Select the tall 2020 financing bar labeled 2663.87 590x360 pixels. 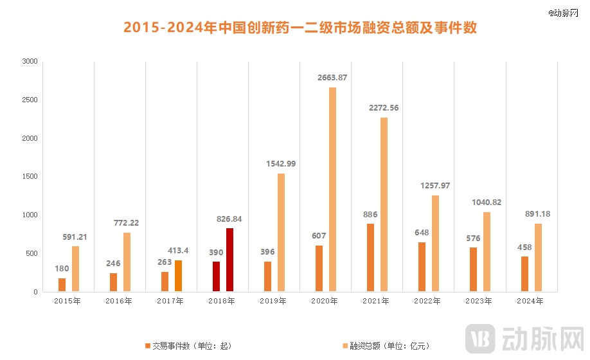coord(332,189)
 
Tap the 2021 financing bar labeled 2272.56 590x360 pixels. coord(384,204)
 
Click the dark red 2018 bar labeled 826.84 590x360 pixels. coord(229,260)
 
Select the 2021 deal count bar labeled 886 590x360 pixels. coord(371,257)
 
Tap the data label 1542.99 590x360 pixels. coord(280,164)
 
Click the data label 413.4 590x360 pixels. coord(178,250)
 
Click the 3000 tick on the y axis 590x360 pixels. coord(30,62)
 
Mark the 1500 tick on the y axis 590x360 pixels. coord(30,177)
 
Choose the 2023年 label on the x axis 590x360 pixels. coord(479,301)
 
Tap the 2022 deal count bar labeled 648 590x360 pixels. coord(422,267)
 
